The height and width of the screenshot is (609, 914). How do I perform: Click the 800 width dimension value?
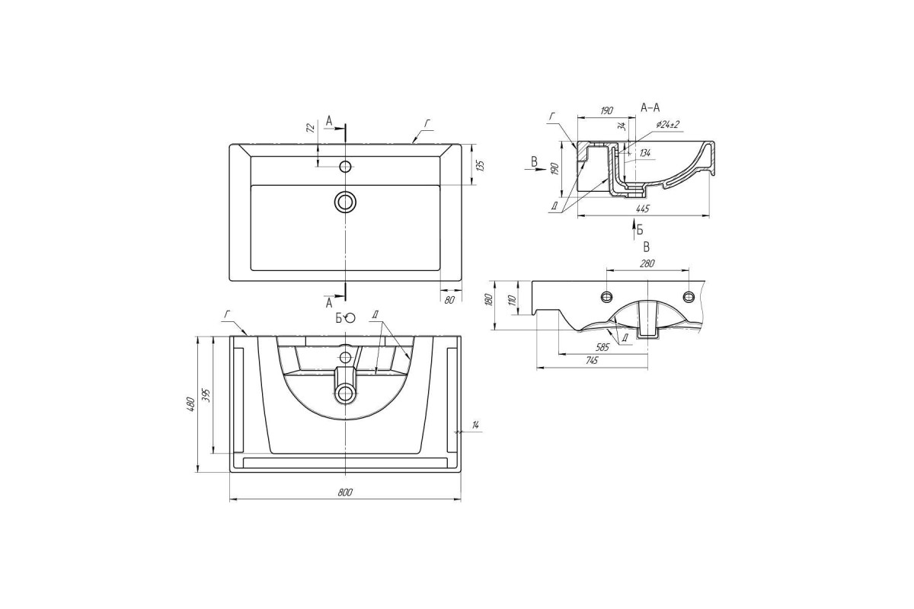click(x=345, y=493)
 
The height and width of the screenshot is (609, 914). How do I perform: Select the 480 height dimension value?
click(x=191, y=403)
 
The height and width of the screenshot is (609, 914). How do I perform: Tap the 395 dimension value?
click(x=206, y=396)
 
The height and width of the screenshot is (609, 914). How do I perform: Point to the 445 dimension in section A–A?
click(x=642, y=209)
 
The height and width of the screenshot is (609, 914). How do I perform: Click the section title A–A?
click(x=650, y=107)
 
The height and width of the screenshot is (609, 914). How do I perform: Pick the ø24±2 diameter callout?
click(x=667, y=124)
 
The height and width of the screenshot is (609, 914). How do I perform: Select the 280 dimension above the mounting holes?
click(x=647, y=263)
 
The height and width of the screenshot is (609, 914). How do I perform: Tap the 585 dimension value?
click(x=602, y=347)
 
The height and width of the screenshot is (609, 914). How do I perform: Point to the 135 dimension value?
click(x=481, y=166)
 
